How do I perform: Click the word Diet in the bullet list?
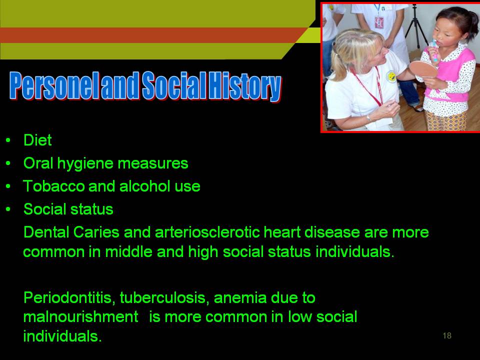tap(37, 140)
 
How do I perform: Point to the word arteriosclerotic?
tap(207, 232)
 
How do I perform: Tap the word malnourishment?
tap(81, 317)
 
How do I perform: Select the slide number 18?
tap(447, 336)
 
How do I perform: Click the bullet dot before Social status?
tap(8, 209)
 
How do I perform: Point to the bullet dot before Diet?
tap(8, 140)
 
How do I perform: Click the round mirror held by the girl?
tap(423, 69)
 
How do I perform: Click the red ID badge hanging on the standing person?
tap(379, 22)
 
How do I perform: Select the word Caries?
tap(96, 232)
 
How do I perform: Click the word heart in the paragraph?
tap(282, 232)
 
